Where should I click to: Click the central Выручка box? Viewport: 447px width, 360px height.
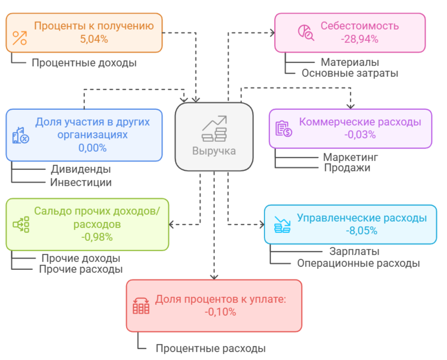pos(214,136)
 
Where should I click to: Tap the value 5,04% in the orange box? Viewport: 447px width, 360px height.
pos(94,39)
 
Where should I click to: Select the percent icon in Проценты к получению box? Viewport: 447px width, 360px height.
pos(20,38)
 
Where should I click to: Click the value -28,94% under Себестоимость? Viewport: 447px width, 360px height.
pos(359,39)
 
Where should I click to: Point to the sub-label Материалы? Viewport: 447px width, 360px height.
pos(350,62)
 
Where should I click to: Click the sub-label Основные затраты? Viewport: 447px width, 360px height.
pos(350,73)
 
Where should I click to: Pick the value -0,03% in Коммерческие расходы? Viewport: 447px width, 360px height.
pos(360,134)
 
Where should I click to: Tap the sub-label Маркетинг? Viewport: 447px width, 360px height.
pos(351,157)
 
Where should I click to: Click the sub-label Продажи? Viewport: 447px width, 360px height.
pos(347,168)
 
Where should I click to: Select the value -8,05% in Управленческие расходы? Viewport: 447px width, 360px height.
pos(361,230)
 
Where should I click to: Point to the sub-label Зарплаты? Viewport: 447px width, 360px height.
pos(354,251)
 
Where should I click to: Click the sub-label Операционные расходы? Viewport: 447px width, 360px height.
pos(358,263)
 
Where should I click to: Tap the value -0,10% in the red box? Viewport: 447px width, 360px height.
pos(220,312)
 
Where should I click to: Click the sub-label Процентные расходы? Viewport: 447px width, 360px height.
pos(211,348)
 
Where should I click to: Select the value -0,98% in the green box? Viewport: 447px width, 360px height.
pos(97,237)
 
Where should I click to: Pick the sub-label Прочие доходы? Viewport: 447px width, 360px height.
pos(81,258)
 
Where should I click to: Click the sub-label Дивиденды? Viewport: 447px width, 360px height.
pos(81,169)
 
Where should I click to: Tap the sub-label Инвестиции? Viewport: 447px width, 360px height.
pos(81,183)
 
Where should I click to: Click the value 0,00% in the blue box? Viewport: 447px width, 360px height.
pos(93,148)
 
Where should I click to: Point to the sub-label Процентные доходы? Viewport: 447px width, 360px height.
pos(84,63)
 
